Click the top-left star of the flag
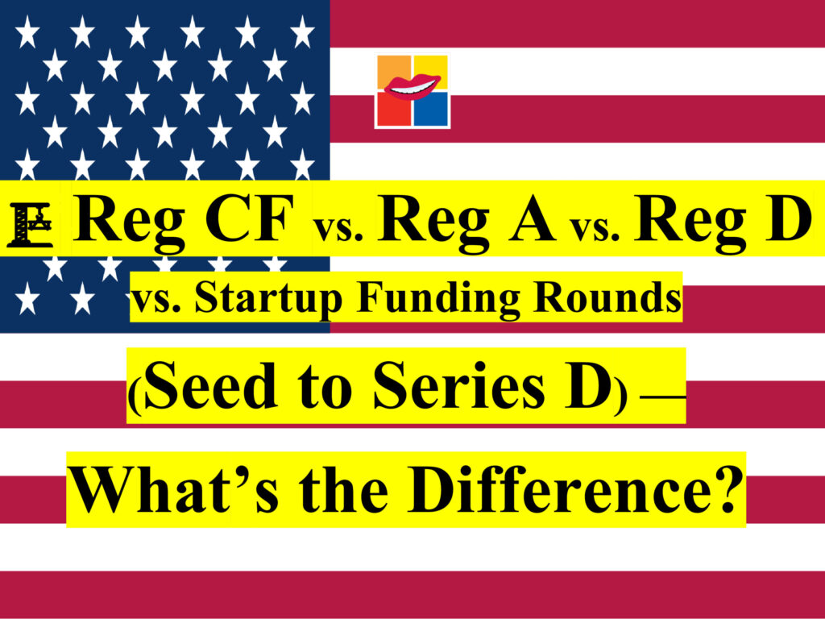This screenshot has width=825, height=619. (27, 31)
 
